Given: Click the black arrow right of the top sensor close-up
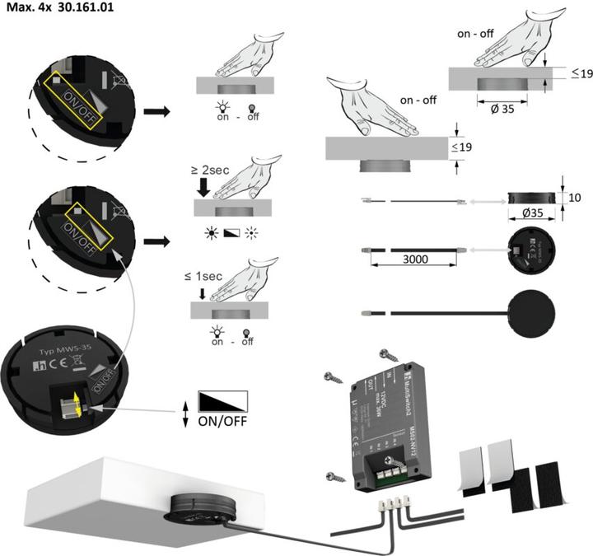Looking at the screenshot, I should pos(156,110).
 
